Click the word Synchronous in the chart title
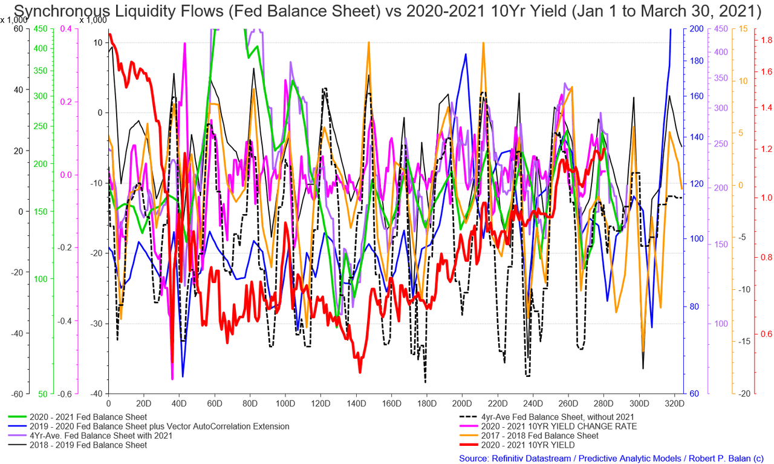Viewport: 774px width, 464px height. [x=61, y=11]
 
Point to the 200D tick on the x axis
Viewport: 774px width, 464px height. [x=462, y=404]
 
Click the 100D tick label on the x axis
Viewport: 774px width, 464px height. [x=285, y=404]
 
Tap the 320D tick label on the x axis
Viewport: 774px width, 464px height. [x=674, y=404]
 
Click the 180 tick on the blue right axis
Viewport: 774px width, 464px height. [x=697, y=61]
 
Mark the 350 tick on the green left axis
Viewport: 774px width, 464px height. [x=41, y=71]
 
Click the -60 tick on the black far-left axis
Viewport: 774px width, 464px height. [x=17, y=394]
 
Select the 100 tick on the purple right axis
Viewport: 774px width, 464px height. [x=721, y=324]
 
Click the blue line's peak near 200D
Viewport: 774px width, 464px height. [x=466, y=54]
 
